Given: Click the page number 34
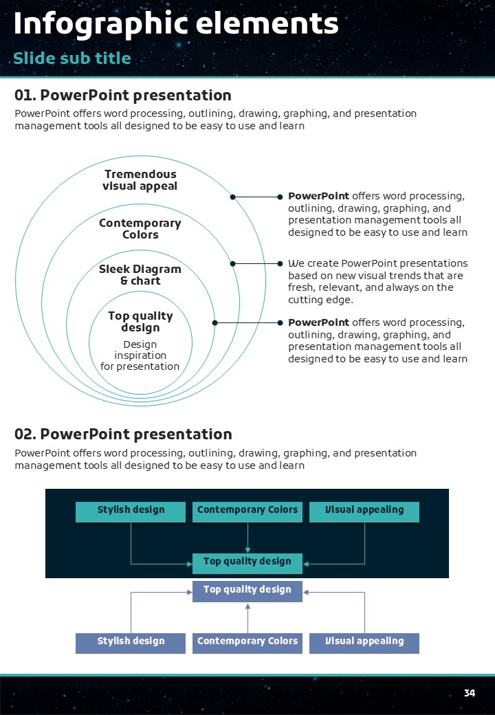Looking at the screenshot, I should pyautogui.click(x=470, y=693).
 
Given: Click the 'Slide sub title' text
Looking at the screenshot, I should pyautogui.click(x=72, y=58).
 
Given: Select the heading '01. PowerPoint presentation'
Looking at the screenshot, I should pyautogui.click(x=123, y=96).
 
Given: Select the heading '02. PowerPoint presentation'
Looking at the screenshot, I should pyautogui.click(x=123, y=434).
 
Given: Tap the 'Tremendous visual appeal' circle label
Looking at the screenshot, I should pyautogui.click(x=140, y=180).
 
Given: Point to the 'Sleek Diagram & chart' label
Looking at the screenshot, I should pyautogui.click(x=140, y=275).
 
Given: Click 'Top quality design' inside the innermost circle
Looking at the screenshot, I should pyautogui.click(x=140, y=322).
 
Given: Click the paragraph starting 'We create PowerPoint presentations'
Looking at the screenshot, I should pyautogui.click(x=377, y=282).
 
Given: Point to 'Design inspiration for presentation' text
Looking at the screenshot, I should pyautogui.click(x=140, y=355).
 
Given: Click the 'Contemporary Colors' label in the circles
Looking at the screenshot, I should pyautogui.click(x=140, y=229).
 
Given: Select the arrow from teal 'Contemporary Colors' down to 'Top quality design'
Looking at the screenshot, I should pyautogui.click(x=247, y=538).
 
